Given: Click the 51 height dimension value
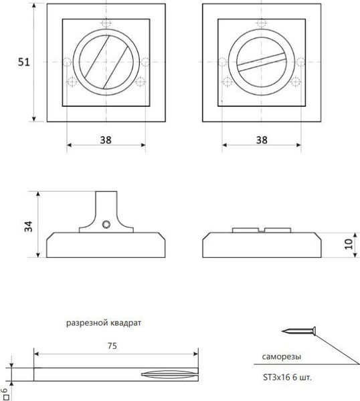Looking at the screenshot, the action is pyautogui.click(x=24, y=62).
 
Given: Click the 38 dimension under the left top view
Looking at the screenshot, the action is pyautogui.click(x=106, y=140).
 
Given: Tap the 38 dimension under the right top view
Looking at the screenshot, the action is pyautogui.click(x=262, y=140).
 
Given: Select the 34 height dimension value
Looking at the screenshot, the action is pyautogui.click(x=28, y=227).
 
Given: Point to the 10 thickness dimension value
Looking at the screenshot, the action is pyautogui.click(x=349, y=244).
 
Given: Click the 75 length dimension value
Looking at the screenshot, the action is pyautogui.click(x=112, y=346).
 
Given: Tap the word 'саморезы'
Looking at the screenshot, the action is pyautogui.click(x=282, y=357).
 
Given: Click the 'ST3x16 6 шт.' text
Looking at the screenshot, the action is pyautogui.click(x=288, y=377).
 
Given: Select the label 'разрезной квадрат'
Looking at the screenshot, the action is pyautogui.click(x=104, y=323).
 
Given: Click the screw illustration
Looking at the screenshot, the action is pyautogui.click(x=298, y=331).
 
